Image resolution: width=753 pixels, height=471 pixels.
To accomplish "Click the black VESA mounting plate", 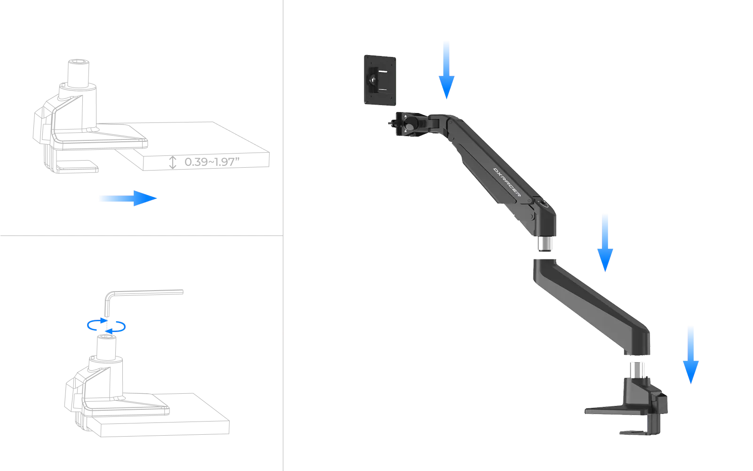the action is (x=380, y=80).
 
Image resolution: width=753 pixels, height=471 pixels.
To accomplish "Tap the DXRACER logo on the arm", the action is (x=507, y=182).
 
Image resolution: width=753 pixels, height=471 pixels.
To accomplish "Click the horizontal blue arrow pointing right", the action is (x=128, y=198).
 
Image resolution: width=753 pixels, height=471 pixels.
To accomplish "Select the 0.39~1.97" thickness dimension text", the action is (x=212, y=162).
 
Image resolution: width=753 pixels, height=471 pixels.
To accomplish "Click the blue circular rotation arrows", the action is (x=106, y=326).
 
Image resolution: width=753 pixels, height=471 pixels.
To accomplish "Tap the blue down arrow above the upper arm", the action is (x=447, y=70).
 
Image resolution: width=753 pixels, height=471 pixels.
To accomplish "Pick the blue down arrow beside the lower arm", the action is (x=605, y=243).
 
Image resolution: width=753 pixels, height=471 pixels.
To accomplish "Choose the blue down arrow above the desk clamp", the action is (x=691, y=355).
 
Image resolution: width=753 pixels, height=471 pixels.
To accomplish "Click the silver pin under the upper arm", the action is (x=545, y=244).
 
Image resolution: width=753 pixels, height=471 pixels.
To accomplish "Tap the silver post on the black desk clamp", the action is (x=637, y=370).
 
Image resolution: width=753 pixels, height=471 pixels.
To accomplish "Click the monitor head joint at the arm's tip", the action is (x=409, y=124).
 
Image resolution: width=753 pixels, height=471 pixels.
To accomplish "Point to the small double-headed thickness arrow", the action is (x=172, y=162).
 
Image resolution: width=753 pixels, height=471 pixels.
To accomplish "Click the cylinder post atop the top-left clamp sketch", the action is (x=78, y=73).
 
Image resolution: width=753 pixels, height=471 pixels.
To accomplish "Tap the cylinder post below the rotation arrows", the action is (x=106, y=348).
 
